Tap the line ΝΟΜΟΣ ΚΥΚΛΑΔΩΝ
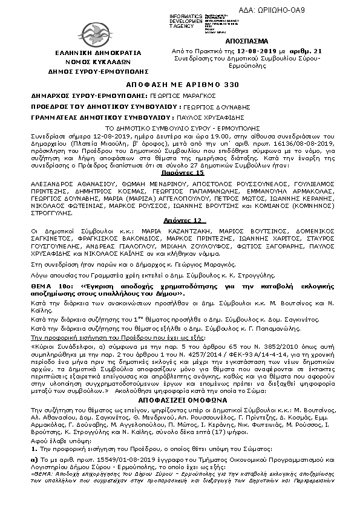click(90, 62)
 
